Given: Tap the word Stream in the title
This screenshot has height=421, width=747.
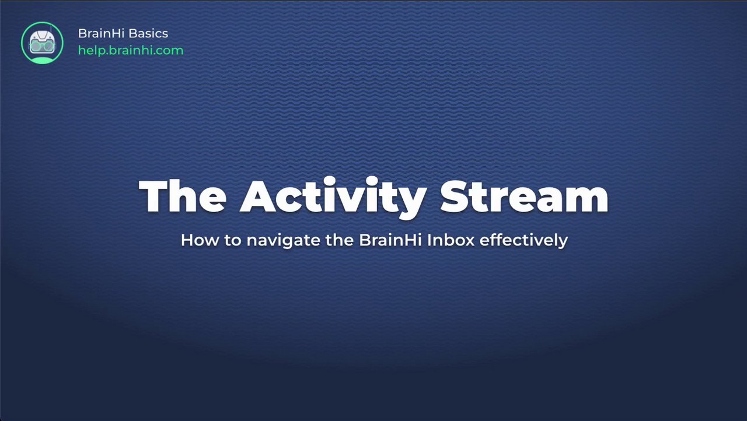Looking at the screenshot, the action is (x=525, y=196).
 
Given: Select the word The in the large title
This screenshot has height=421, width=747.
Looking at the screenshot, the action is (x=183, y=196).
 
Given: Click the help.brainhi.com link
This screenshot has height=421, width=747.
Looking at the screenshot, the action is (x=131, y=51).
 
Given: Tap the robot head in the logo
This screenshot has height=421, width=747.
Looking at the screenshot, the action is (x=42, y=43).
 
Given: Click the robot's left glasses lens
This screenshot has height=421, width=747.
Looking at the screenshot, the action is (x=36, y=46).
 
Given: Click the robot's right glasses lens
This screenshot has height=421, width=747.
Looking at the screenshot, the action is (x=48, y=46).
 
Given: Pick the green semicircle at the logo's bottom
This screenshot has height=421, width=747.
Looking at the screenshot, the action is (x=42, y=60).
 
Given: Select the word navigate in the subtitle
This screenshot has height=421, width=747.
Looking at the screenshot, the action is (x=284, y=240).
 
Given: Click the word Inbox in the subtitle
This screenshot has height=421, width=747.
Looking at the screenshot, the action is (x=451, y=240).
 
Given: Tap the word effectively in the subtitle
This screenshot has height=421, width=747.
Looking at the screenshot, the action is (x=523, y=240).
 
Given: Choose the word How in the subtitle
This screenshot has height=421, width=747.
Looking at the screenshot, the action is (x=200, y=240).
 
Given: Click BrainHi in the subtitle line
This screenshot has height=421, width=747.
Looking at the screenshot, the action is (x=390, y=240).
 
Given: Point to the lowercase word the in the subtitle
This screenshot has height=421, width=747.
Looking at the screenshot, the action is (x=340, y=240).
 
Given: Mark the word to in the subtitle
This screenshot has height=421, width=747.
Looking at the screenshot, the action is (x=233, y=240).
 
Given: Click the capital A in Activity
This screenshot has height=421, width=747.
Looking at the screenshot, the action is (x=258, y=196).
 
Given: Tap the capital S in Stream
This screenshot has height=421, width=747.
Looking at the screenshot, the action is (x=455, y=196).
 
